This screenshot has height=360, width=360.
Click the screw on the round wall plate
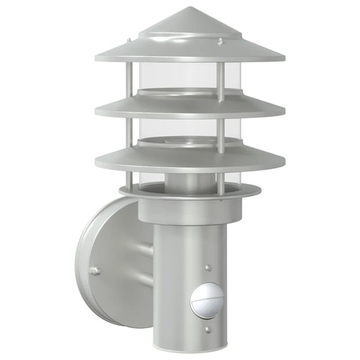click(x=95, y=272)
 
